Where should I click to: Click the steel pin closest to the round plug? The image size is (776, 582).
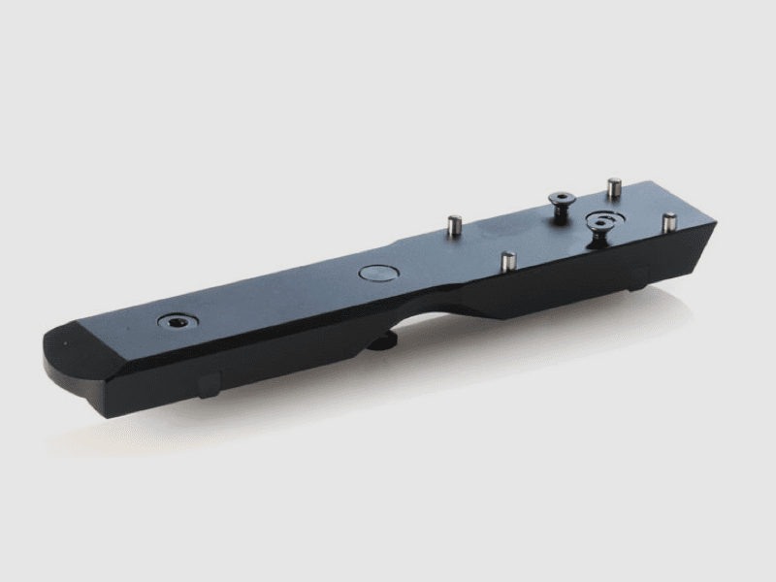[x=452, y=226]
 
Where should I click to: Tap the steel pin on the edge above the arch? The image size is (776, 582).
[x=507, y=262]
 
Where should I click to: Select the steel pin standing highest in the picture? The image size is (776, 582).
[x=612, y=186]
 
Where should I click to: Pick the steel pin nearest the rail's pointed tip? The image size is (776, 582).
[x=668, y=222]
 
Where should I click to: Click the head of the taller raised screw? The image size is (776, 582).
[x=561, y=198]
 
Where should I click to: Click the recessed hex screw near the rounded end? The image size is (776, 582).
[x=177, y=320]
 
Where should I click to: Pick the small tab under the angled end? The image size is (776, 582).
[x=636, y=277]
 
